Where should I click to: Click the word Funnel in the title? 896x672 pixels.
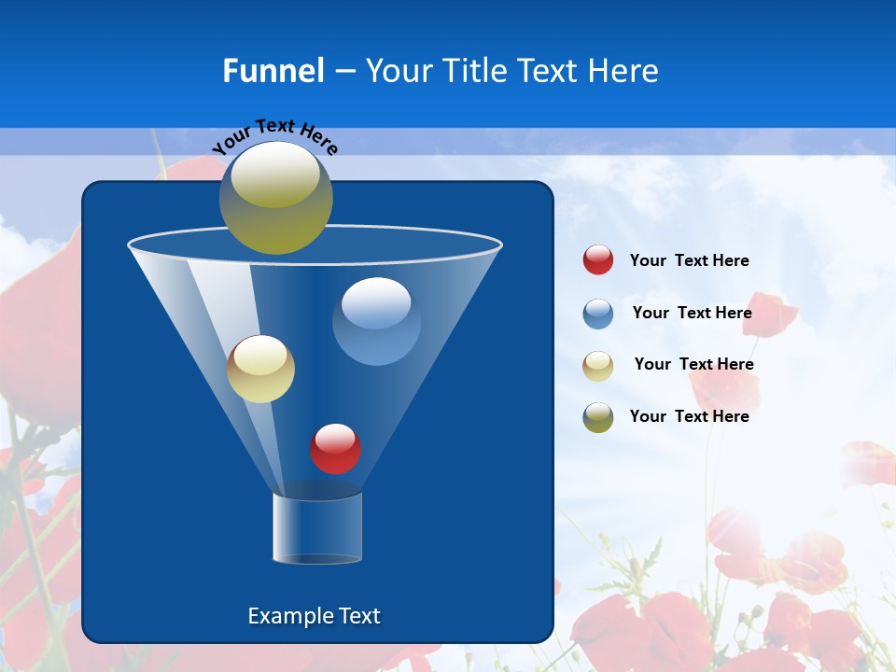pyautogui.click(x=273, y=71)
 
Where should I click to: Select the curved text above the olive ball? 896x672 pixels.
pyautogui.click(x=275, y=135)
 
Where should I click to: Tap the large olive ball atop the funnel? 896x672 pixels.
pyautogui.click(x=275, y=199)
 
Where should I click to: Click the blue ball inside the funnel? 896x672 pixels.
pyautogui.click(x=376, y=322)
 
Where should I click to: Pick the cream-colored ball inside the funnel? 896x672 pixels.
pyautogui.click(x=260, y=369)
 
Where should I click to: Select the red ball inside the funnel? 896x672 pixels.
pyautogui.click(x=335, y=449)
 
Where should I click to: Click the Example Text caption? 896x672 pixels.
pyautogui.click(x=314, y=616)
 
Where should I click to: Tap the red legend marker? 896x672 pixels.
pyautogui.click(x=598, y=259)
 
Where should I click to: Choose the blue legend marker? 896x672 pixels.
pyautogui.click(x=598, y=314)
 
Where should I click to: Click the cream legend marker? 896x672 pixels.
pyautogui.click(x=598, y=366)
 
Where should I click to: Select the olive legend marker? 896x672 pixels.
pyautogui.click(x=598, y=417)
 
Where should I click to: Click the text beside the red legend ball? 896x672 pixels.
pyautogui.click(x=689, y=260)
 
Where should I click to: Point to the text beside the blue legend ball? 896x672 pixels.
pyautogui.click(x=692, y=313)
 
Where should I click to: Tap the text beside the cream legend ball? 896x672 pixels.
pyautogui.click(x=693, y=364)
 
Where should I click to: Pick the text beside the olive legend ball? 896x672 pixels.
pyautogui.click(x=689, y=416)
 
